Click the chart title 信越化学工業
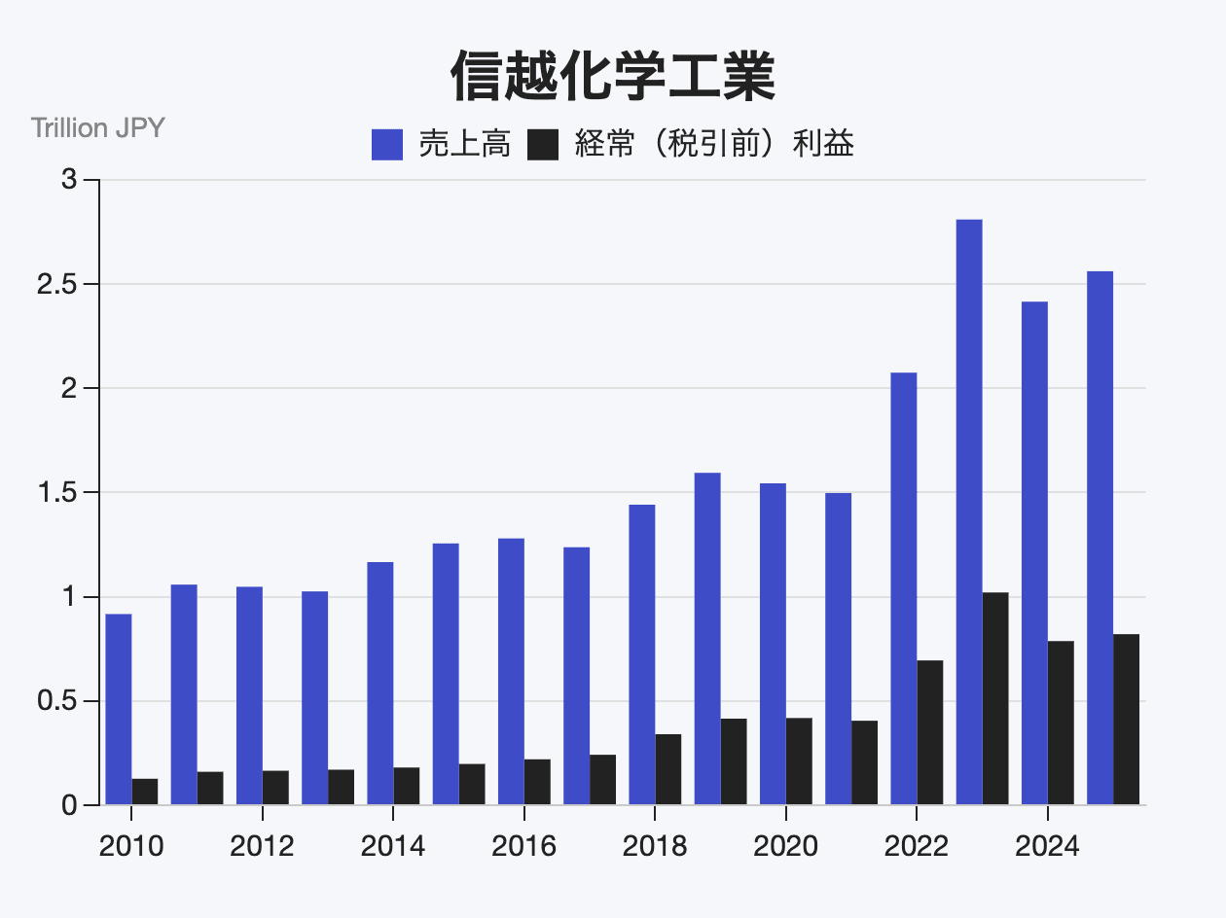613,77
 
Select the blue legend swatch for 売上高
387,145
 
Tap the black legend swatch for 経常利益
543,145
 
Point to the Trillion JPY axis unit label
97,127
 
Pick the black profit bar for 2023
995,698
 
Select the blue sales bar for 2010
119,709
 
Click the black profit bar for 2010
145,792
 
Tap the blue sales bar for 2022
903,588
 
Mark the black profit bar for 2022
930,732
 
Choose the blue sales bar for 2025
1100,538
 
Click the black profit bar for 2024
1061,723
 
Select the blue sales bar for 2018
641,654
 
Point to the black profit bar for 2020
799,761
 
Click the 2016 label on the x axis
523,846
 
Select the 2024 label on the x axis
1047,846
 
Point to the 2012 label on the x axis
262,846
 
